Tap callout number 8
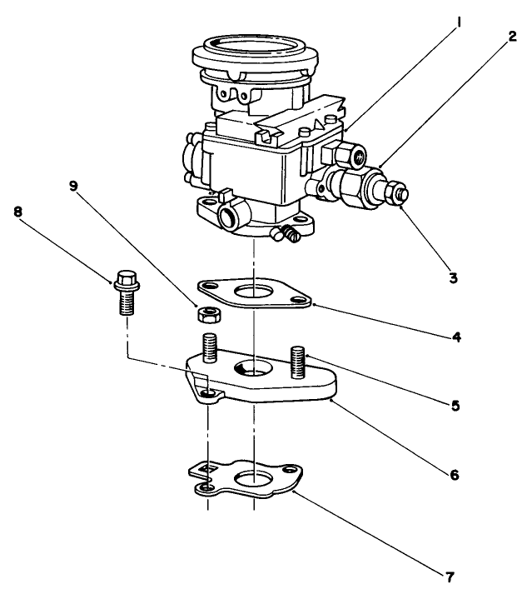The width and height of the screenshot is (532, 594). pyautogui.click(x=17, y=212)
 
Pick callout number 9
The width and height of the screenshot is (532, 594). pyautogui.click(x=73, y=186)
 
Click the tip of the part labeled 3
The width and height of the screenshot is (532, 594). pyautogui.click(x=403, y=194)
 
